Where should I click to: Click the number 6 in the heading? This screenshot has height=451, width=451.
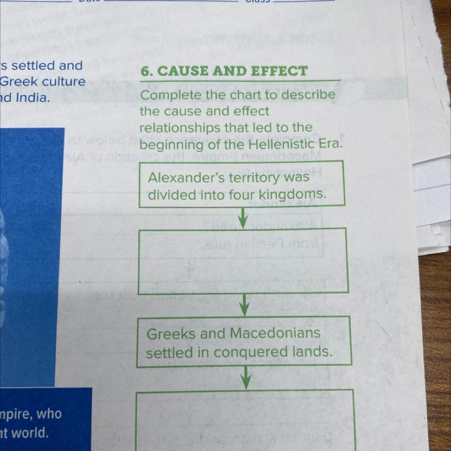click(145, 72)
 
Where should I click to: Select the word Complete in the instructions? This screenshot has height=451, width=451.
click(167, 96)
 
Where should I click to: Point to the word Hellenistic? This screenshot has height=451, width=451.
click(285, 145)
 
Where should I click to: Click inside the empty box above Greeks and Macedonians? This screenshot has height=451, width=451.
click(243, 261)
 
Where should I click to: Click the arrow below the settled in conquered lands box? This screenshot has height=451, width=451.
click(246, 377)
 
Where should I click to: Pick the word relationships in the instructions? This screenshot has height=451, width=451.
click(179, 128)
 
